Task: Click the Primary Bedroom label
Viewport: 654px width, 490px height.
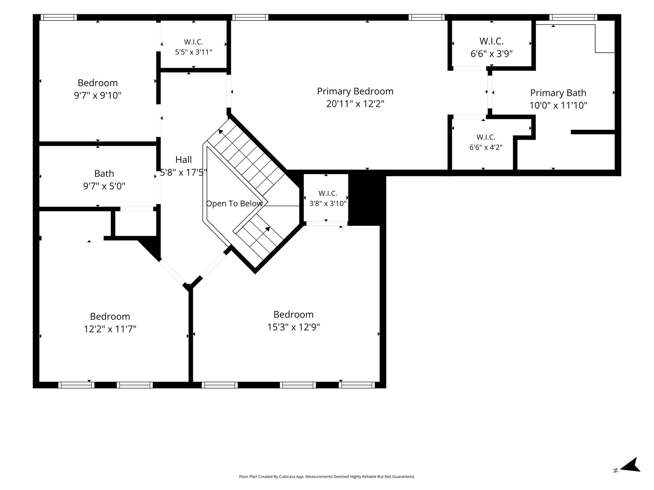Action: pos(355,92)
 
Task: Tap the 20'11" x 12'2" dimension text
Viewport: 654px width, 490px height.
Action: pos(355,104)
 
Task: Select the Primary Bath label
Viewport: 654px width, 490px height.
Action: pos(558,93)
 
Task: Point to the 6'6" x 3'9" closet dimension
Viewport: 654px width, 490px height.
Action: pos(491,54)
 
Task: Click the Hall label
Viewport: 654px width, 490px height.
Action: pos(184,160)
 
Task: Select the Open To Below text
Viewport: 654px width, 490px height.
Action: pos(234,204)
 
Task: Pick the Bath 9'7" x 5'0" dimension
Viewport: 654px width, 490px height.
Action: pos(104,186)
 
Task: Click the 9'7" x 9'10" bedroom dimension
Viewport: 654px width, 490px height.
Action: pos(98,95)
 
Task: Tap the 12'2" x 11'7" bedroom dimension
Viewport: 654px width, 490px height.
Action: pos(110,329)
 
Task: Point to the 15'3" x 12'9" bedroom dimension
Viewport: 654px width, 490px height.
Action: pos(293,327)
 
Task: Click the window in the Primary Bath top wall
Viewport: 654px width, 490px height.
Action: pos(573,17)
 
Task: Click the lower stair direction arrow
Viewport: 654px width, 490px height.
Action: pos(267,229)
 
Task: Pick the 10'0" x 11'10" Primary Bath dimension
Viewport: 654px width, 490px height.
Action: pos(558,106)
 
